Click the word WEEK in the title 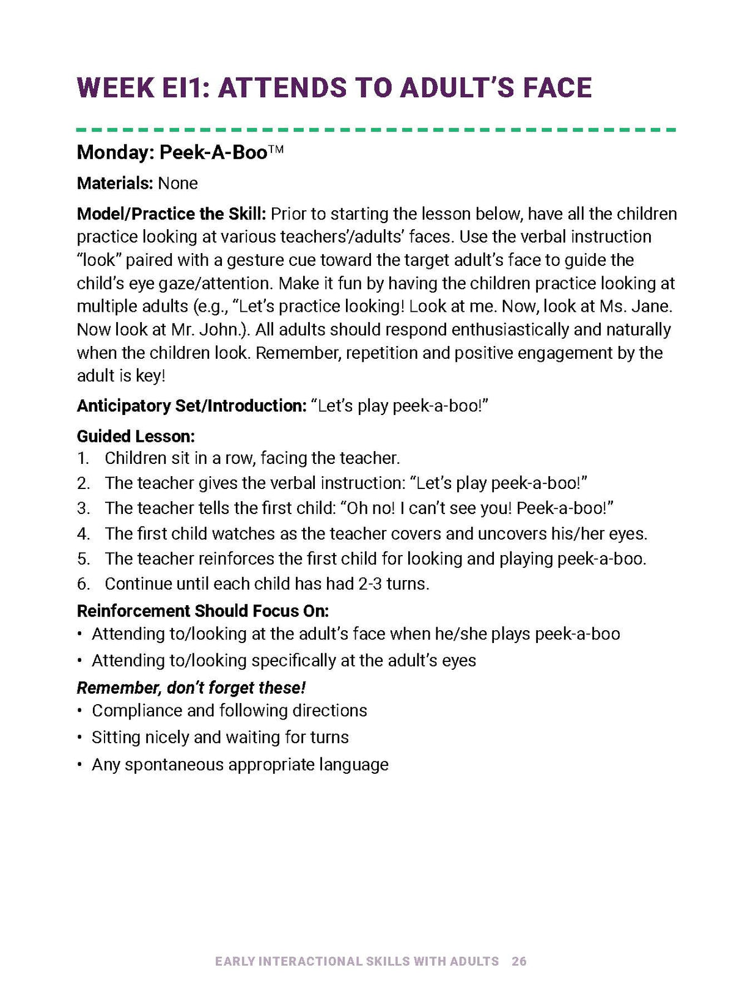[115, 88]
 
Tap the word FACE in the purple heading [557, 88]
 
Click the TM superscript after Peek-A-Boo [276, 149]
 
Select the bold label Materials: [114, 183]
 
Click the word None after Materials [178, 183]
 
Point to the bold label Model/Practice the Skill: [171, 214]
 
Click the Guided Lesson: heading [136, 436]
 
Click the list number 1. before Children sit [83, 458]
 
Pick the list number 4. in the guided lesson [83, 534]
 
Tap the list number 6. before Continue [83, 584]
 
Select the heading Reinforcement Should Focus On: [202, 611]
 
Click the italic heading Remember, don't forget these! [191, 688]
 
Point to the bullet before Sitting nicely [80, 737]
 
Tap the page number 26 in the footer [519, 961]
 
